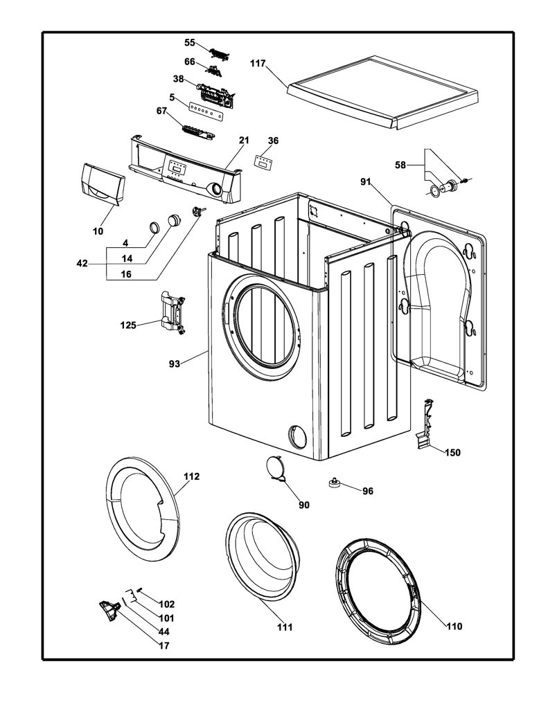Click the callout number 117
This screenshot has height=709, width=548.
pyautogui.click(x=258, y=64)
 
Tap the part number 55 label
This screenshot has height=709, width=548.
pyautogui.click(x=190, y=42)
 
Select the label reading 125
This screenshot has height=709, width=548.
pyautogui.click(x=128, y=325)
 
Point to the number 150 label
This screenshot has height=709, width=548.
pyautogui.click(x=452, y=452)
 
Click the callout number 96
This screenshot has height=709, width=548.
pyautogui.click(x=368, y=491)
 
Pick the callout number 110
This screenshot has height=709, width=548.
pyautogui.click(x=454, y=626)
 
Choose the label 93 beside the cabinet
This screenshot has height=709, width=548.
pyautogui.click(x=175, y=364)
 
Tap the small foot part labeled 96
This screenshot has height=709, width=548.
pyautogui.click(x=335, y=483)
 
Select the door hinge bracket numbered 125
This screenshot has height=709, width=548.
pyautogui.click(x=173, y=313)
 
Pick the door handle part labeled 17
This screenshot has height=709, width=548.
pyautogui.click(x=109, y=611)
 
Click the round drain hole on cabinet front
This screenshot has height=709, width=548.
pyautogui.click(x=297, y=436)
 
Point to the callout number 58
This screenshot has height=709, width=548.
pyautogui.click(x=400, y=165)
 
